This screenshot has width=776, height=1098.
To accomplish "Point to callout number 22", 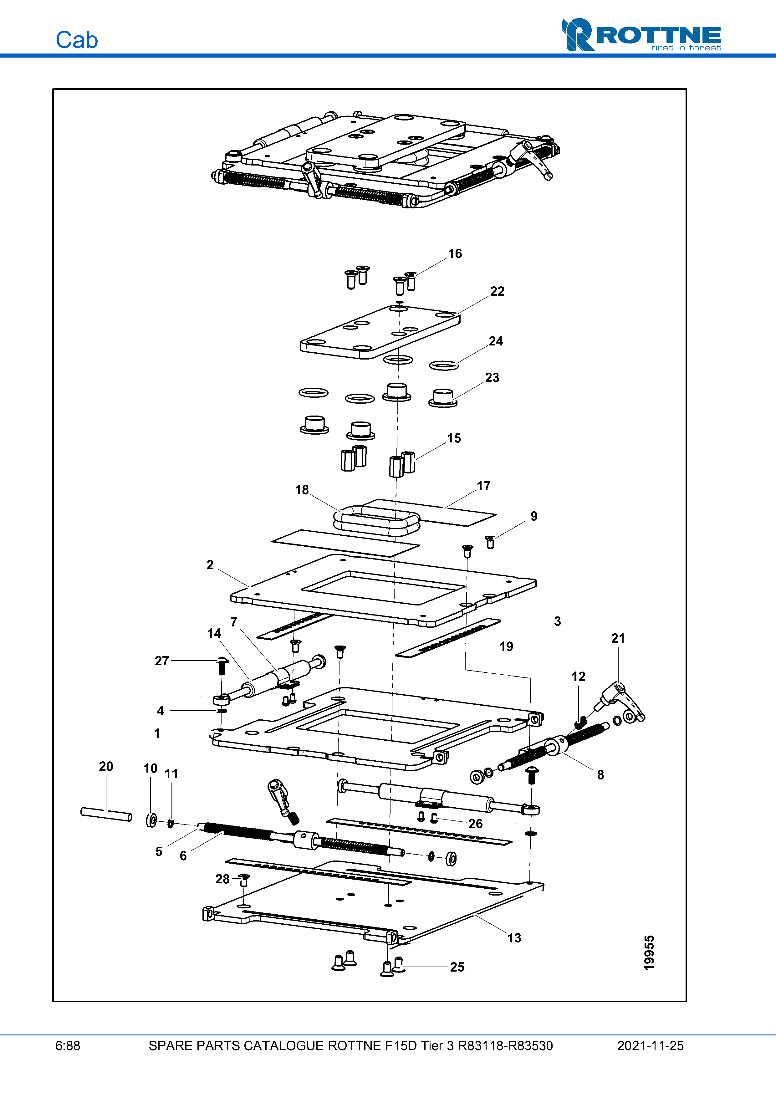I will click(x=497, y=291).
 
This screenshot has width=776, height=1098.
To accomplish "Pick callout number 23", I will click(x=492, y=377).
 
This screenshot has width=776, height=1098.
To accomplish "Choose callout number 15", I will click(x=454, y=438).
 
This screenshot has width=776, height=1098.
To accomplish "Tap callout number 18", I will click(x=302, y=490).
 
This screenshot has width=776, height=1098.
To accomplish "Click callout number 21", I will click(x=618, y=638).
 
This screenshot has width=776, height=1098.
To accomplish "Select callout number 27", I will click(x=161, y=661).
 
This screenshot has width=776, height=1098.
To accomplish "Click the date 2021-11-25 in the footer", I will click(x=650, y=1046).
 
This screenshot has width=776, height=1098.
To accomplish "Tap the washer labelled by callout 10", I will click(x=151, y=821).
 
